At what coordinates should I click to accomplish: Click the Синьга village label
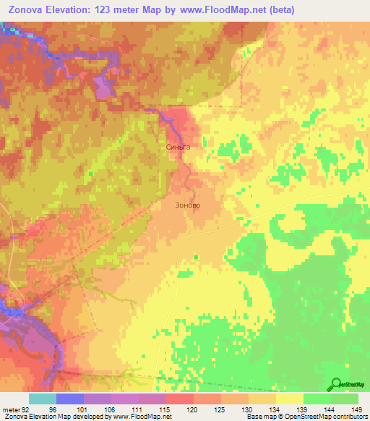(178, 146)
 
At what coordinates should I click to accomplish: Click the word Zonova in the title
(26, 9)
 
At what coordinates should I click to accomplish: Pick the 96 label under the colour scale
(52, 410)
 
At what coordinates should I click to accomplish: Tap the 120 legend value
(192, 410)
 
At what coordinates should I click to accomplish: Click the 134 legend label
(275, 410)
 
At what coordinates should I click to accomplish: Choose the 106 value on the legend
(108, 410)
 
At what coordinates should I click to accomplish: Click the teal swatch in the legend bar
(43, 399)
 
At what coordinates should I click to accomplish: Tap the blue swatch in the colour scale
(70, 399)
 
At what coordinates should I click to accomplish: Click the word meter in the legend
(9, 410)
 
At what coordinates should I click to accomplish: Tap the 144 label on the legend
(330, 410)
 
